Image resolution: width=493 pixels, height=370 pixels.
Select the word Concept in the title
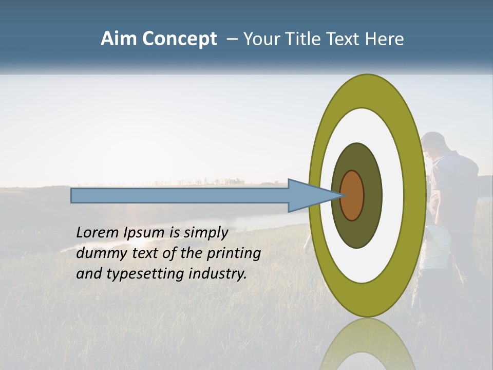(179, 40)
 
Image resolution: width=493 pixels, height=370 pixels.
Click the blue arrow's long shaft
(180, 195)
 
